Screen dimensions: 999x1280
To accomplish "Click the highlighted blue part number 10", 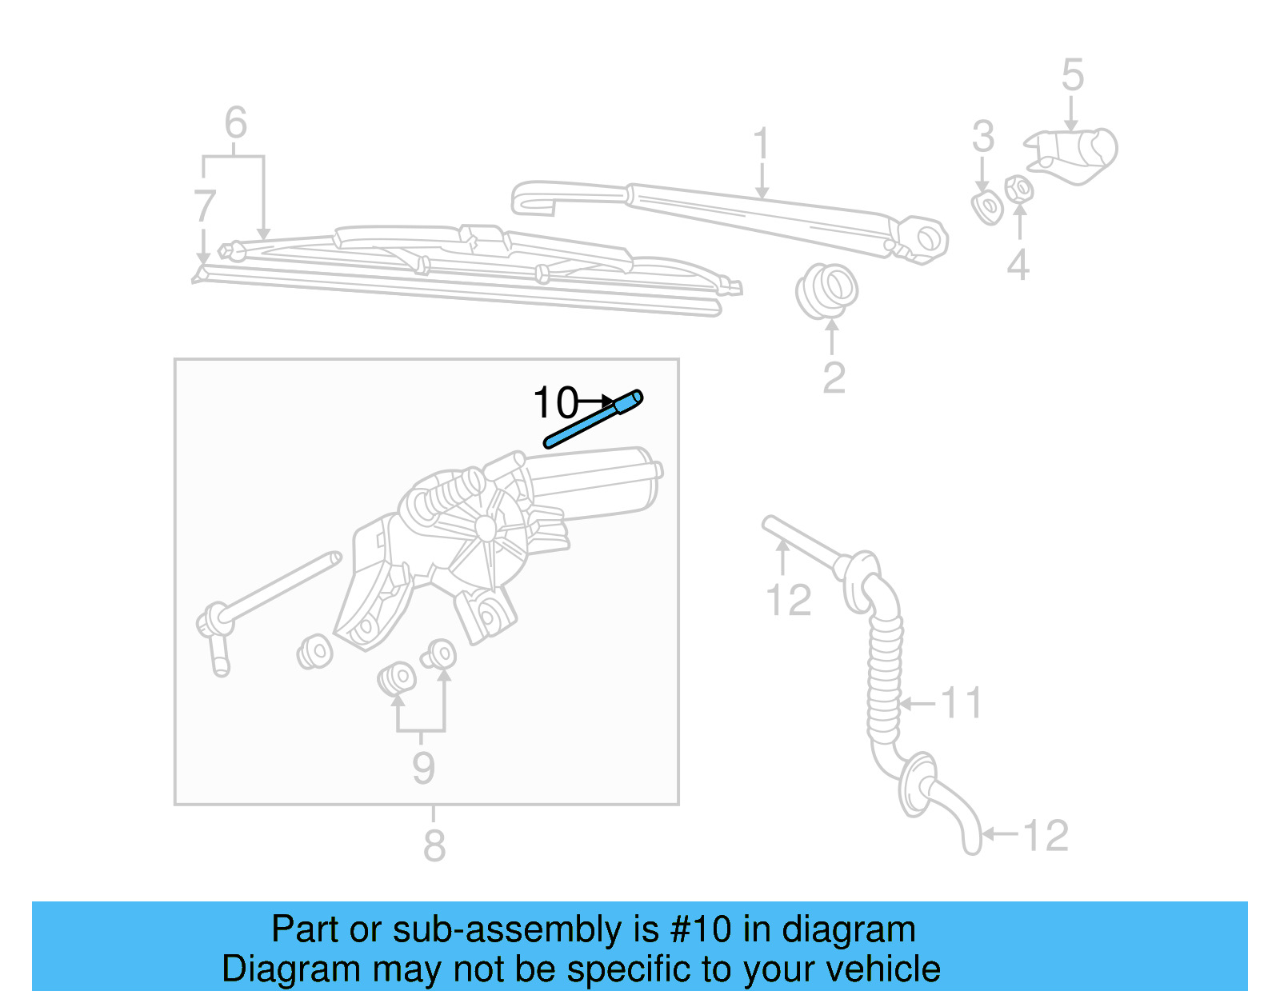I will tap(593, 419).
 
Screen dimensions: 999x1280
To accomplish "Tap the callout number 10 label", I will tap(554, 402).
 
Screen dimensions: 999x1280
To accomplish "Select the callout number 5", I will tap(1072, 75).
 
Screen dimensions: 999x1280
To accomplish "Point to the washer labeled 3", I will tap(988, 207).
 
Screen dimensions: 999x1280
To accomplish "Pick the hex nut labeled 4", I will tap(1018, 190).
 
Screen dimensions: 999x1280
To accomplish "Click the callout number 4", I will tap(1018, 265).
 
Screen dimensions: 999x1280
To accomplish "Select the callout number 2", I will tap(834, 378).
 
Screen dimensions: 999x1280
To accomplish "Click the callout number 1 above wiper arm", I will tap(761, 144).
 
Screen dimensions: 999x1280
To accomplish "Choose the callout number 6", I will tap(235, 123).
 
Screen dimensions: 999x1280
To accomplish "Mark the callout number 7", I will tap(205, 206).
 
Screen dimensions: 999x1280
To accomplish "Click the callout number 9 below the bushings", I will tap(423, 767).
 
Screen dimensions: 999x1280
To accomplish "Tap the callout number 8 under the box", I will tap(434, 845).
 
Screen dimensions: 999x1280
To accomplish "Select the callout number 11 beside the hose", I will tap(961, 703).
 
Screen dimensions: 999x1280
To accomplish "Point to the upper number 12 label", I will tap(788, 600).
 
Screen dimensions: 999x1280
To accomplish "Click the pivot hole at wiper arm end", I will tap(928, 238).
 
